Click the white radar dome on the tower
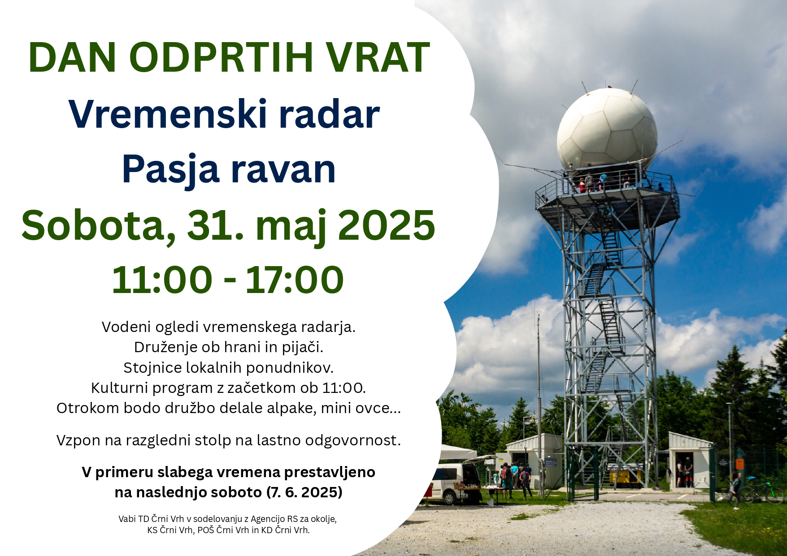coord(607,129)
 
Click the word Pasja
coord(170,170)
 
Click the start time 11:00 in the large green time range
coord(162,280)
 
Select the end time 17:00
coord(295,280)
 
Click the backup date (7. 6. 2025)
coord(304,492)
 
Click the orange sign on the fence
coord(740,464)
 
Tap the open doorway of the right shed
coord(684,470)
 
